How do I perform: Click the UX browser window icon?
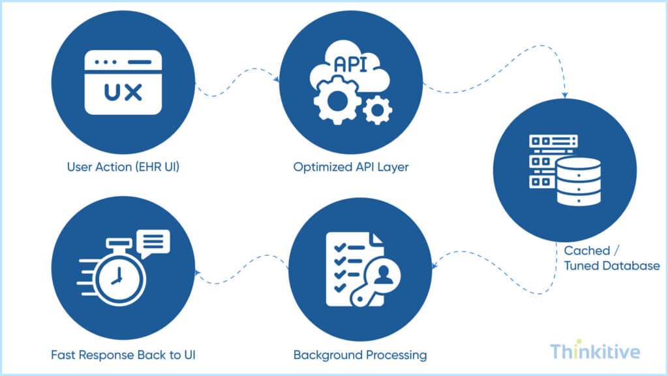123,83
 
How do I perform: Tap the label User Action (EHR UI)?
123,166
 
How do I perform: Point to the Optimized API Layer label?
351,166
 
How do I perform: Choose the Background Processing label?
360,355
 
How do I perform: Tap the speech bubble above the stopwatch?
153,242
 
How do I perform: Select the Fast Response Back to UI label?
123,355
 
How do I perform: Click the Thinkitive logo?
595,352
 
